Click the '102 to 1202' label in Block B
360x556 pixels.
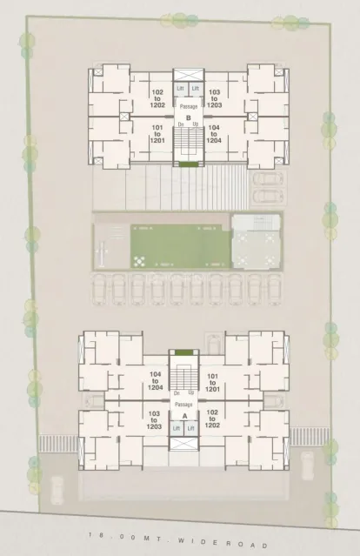point(158,97)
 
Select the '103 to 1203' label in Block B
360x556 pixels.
point(215,97)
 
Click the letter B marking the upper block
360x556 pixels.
point(187,117)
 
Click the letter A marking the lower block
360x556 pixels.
point(184,416)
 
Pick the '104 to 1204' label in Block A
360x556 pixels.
point(156,380)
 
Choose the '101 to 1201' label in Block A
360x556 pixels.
point(212,380)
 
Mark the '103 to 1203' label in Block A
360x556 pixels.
point(156,419)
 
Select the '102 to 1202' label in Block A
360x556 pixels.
point(212,419)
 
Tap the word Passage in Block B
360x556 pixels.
point(188,106)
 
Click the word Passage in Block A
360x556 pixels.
point(183,405)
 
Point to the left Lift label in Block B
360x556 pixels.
point(181,89)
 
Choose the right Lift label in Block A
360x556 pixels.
point(190,427)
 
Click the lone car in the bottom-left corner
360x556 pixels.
point(55,490)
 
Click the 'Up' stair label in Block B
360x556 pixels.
point(195,124)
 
